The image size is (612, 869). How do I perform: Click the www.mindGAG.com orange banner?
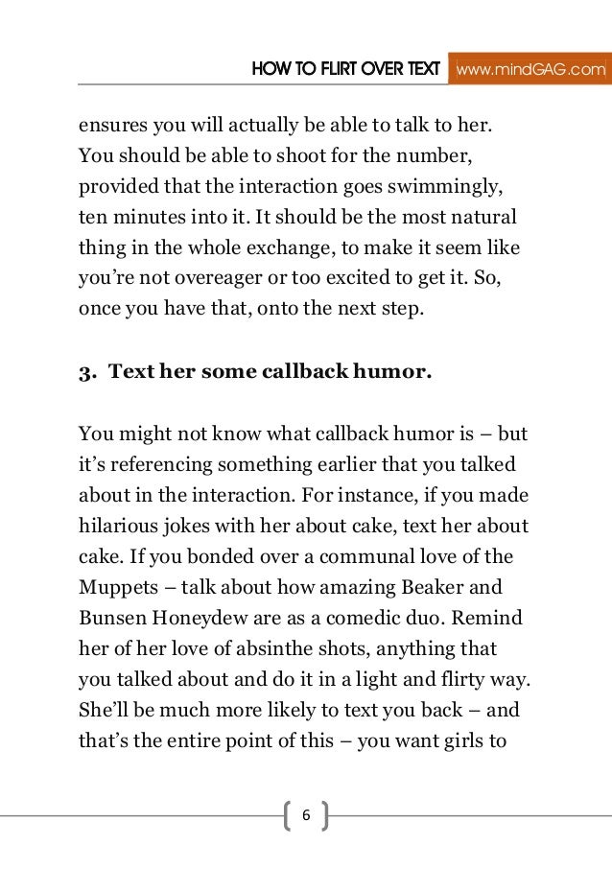click(x=530, y=69)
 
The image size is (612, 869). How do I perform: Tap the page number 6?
click(x=306, y=815)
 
